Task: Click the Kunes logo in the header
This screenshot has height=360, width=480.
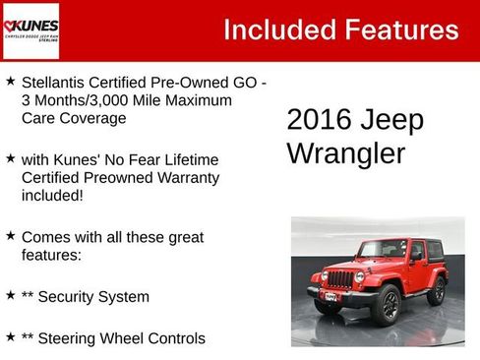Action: [30, 30]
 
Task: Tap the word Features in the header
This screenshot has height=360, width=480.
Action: [401, 30]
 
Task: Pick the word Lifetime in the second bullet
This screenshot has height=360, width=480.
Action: [186, 159]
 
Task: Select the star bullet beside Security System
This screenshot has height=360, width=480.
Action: [11, 295]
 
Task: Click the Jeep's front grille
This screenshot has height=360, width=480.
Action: [338, 279]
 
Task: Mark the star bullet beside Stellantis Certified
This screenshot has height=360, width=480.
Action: [11, 83]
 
